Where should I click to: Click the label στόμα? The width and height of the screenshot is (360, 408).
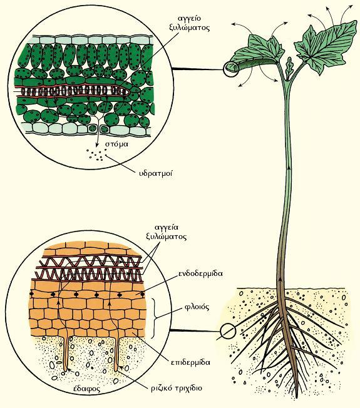click(x=117, y=144)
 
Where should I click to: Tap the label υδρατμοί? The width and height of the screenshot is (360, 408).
click(x=156, y=173)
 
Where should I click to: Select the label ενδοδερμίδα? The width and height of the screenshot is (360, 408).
click(x=200, y=274)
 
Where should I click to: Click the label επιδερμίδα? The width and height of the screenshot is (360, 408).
click(x=190, y=362)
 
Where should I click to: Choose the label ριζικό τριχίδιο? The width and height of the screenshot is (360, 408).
click(x=177, y=388)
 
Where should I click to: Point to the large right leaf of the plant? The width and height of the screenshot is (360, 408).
click(x=326, y=47)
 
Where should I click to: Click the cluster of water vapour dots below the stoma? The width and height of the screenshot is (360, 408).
click(x=96, y=155)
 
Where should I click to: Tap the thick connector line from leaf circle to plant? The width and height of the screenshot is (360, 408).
click(x=198, y=69)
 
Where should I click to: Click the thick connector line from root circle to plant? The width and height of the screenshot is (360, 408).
click(x=195, y=331)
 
